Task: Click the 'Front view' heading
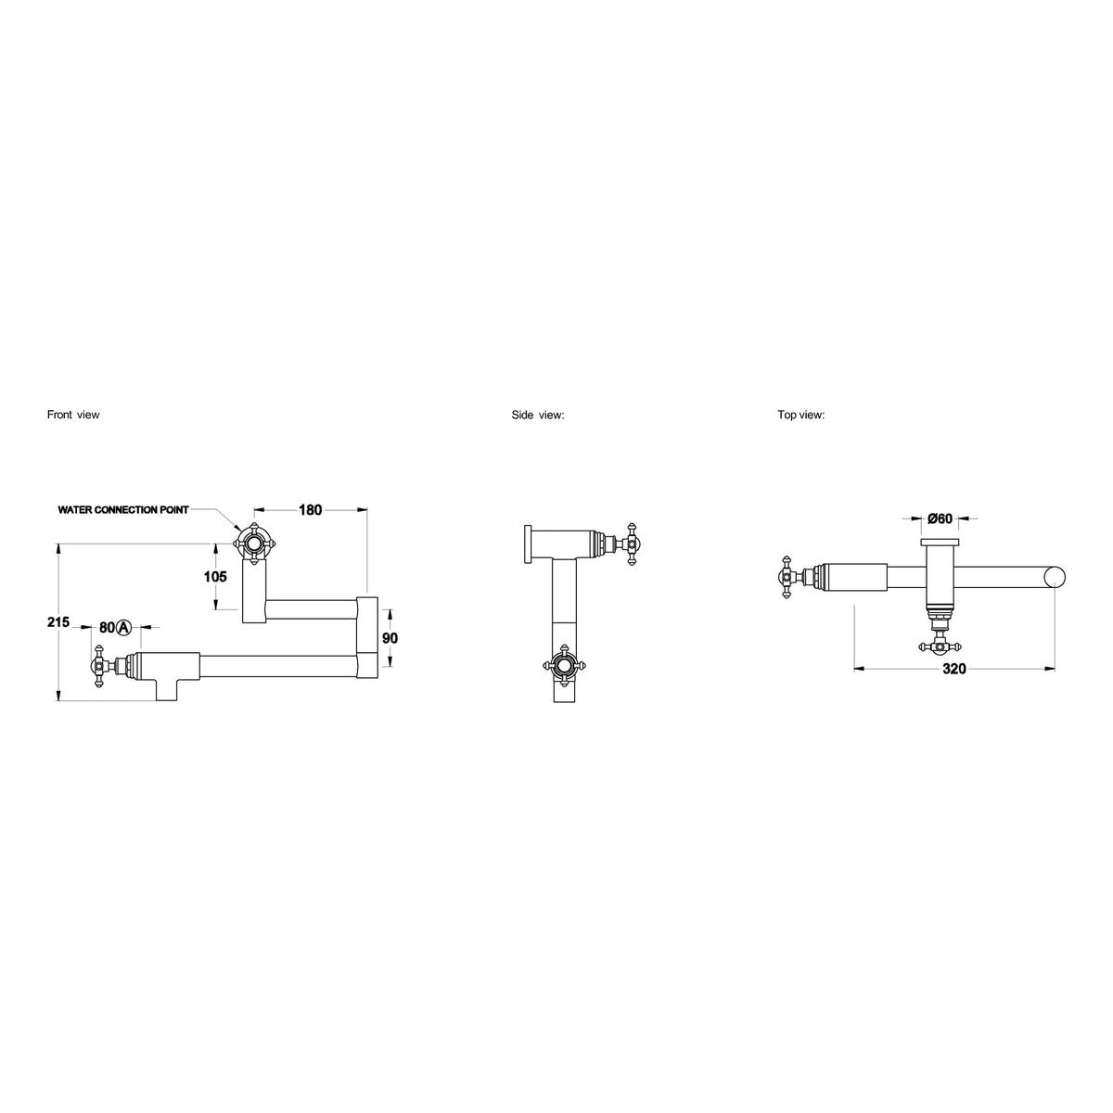pyautogui.click(x=73, y=415)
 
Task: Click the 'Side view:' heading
pyautogui.click(x=538, y=415)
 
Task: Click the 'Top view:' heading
pyautogui.click(x=801, y=415)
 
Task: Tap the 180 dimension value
pyautogui.click(x=310, y=510)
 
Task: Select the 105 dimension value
pyautogui.click(x=215, y=576)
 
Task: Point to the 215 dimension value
pyautogui.click(x=58, y=622)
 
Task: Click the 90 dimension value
pyautogui.click(x=390, y=638)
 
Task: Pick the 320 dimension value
pyautogui.click(x=954, y=669)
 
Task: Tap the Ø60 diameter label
pyautogui.click(x=940, y=518)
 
